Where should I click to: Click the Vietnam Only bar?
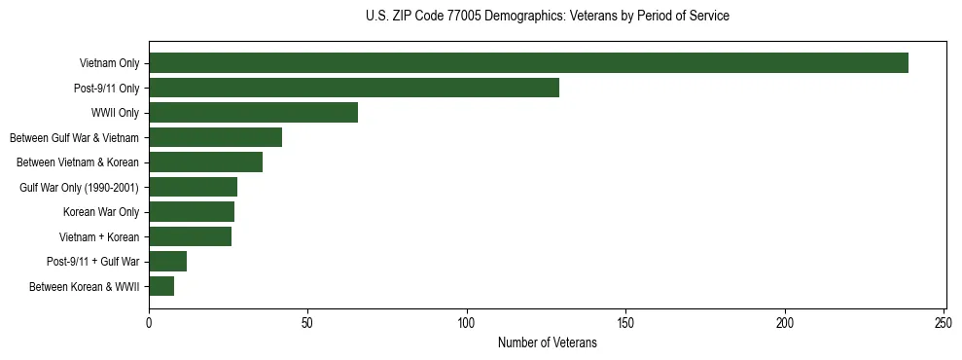tap(528, 63)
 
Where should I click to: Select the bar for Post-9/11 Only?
tap(354, 88)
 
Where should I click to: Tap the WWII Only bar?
tap(253, 113)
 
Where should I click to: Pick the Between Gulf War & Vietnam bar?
tap(215, 137)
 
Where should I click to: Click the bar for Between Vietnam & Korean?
tap(205, 162)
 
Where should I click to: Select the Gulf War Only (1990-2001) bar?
tap(193, 187)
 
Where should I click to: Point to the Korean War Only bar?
tap(192, 212)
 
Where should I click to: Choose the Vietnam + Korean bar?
tap(190, 236)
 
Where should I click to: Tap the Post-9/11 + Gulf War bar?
tap(167, 262)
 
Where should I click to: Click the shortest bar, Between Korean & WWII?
tap(161, 286)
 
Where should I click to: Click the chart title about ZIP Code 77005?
tap(548, 17)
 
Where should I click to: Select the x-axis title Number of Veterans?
tap(548, 343)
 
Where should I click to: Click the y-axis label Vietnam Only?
tap(109, 63)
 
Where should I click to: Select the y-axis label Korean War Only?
tap(101, 212)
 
